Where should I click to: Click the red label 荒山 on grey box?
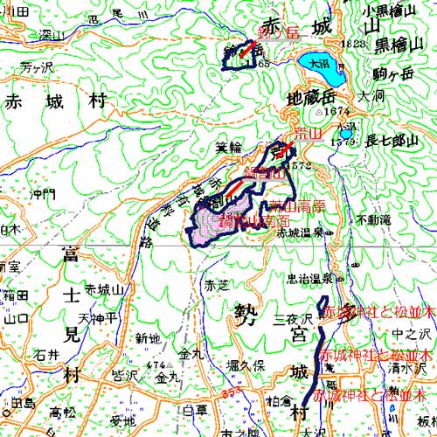click(307, 134)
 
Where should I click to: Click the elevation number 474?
click(156, 364)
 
